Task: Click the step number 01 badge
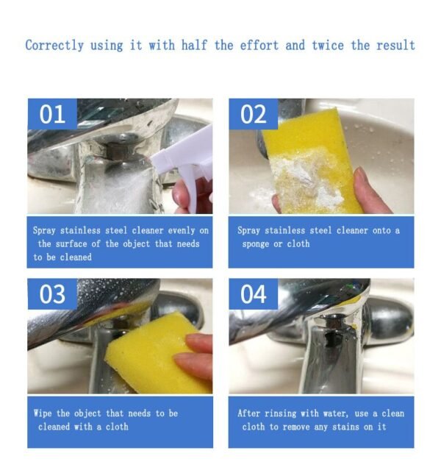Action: coord(53,114)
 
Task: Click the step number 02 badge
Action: coord(254,114)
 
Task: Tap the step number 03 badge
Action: coord(53,293)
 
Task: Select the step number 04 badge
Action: coord(254,293)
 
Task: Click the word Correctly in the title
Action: coord(54,46)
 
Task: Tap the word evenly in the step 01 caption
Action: coord(181,230)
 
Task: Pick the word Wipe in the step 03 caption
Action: coord(43,413)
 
